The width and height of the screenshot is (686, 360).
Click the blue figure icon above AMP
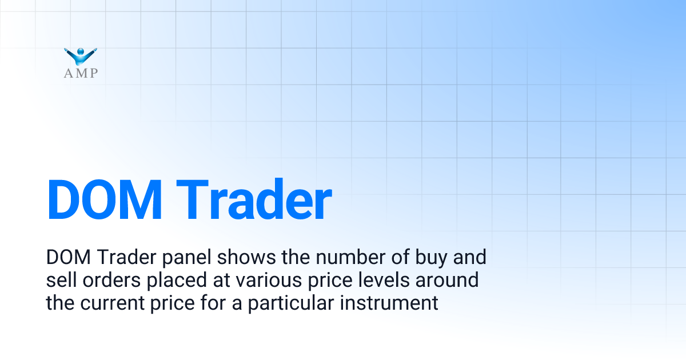coord(81,56)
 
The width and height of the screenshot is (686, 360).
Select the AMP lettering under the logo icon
coord(81,73)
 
